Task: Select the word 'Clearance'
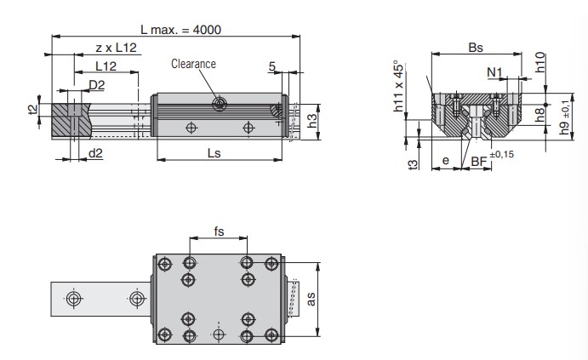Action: (x=193, y=64)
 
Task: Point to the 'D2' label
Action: (x=97, y=84)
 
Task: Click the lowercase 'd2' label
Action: (x=96, y=153)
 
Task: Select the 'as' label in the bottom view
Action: (x=311, y=298)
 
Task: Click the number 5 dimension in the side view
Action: (x=271, y=66)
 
